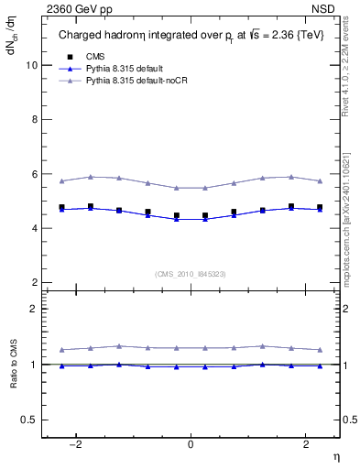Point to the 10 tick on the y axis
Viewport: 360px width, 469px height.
click(x=33, y=66)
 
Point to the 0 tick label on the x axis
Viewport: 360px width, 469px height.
click(x=191, y=443)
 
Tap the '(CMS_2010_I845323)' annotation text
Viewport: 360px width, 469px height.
click(x=191, y=273)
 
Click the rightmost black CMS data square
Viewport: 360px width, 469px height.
click(x=320, y=207)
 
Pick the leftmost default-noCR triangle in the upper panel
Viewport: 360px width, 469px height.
click(x=61, y=180)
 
